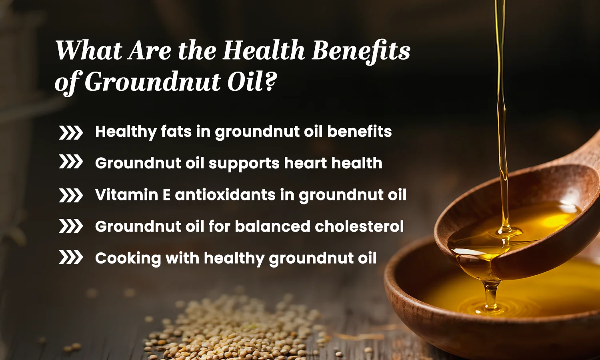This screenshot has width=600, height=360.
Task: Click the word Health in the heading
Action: tap(264, 51)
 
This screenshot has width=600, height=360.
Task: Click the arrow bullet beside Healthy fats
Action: tap(71, 132)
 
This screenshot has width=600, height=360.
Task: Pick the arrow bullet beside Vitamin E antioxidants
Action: tap(71, 196)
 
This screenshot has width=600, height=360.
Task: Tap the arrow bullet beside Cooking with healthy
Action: tap(71, 258)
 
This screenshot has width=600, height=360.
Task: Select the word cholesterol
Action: tap(359, 226)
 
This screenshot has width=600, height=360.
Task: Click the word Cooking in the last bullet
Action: tap(128, 258)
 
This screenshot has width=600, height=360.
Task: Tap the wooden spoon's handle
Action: tap(584, 152)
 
